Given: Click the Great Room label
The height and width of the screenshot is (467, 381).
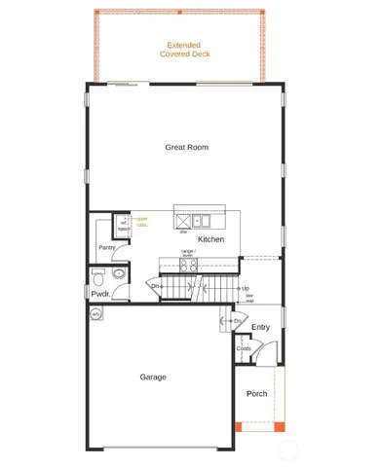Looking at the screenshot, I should pos(186,148).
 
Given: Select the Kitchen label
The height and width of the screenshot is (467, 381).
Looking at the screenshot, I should pos(211,239).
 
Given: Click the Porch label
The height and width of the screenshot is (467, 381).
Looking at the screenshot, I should pos(256,394).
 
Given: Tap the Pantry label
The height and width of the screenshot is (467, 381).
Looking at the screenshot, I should pos(107,248).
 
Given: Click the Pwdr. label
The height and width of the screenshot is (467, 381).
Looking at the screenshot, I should pos(99,293).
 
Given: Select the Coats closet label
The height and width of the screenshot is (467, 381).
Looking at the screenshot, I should pos(244,348).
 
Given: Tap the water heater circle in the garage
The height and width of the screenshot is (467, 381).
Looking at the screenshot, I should pos(96,315).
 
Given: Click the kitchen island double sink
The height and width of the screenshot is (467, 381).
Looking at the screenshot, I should pos(202,220).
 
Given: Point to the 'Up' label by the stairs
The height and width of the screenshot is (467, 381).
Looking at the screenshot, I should pos(246,288).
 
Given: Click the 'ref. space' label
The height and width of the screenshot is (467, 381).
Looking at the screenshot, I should pos(124,227).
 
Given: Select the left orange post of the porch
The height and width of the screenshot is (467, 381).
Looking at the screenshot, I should pos(240,427).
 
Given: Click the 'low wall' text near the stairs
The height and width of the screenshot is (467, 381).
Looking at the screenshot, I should pos(248,298).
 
